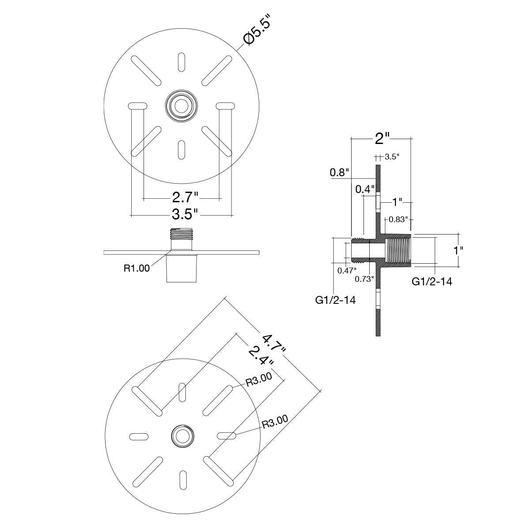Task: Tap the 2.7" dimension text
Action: pos(185,197)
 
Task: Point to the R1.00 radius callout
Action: pos(136,268)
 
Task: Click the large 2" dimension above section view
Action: pos(382,139)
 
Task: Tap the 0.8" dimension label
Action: pos(339,173)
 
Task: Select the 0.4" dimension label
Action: pos(365,189)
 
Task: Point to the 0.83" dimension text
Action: pos(397,220)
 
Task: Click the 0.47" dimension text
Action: pos(347,271)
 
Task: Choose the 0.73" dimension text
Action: pos(364,279)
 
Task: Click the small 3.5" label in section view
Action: pos(392,157)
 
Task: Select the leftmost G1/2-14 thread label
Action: pos(335,300)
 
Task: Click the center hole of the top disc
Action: pos(181,106)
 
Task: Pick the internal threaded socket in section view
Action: pos(399,250)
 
